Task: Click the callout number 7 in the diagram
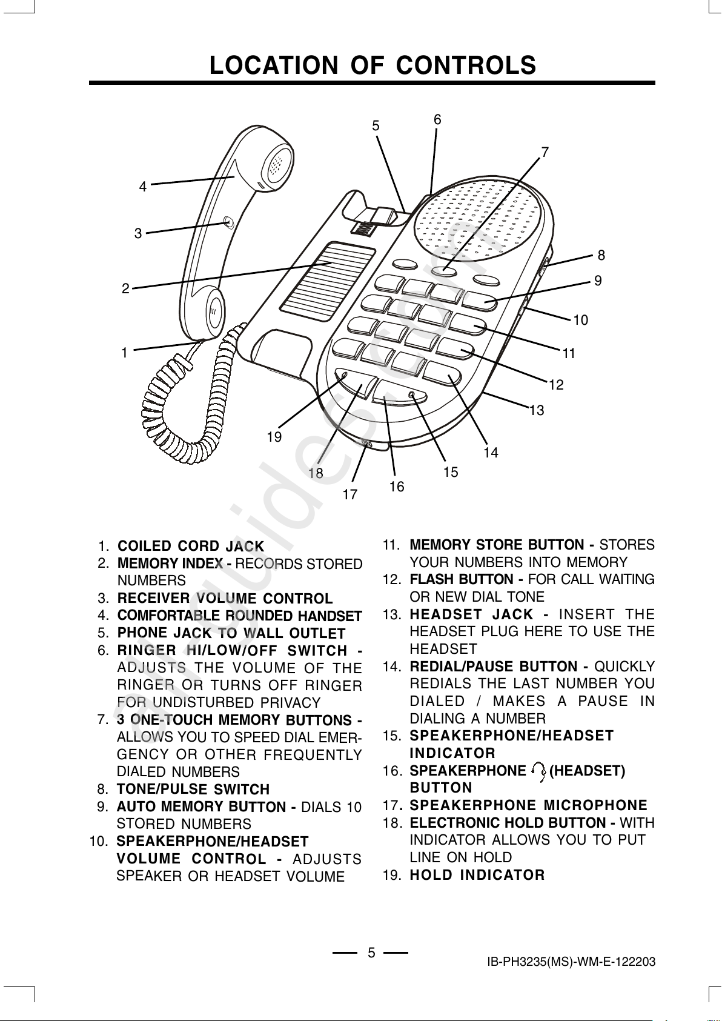click(545, 153)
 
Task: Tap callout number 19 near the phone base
click(274, 437)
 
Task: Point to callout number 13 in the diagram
click(537, 411)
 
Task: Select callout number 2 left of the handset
click(125, 288)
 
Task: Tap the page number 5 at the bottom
click(371, 953)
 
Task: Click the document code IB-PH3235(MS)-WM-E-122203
click(571, 962)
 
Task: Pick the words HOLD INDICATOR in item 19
click(477, 875)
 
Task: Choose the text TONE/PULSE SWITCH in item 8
click(193, 790)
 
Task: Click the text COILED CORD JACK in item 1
click(191, 547)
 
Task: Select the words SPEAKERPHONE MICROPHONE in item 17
click(528, 805)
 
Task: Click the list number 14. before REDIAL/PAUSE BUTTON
click(392, 667)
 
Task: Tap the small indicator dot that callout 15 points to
click(412, 395)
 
